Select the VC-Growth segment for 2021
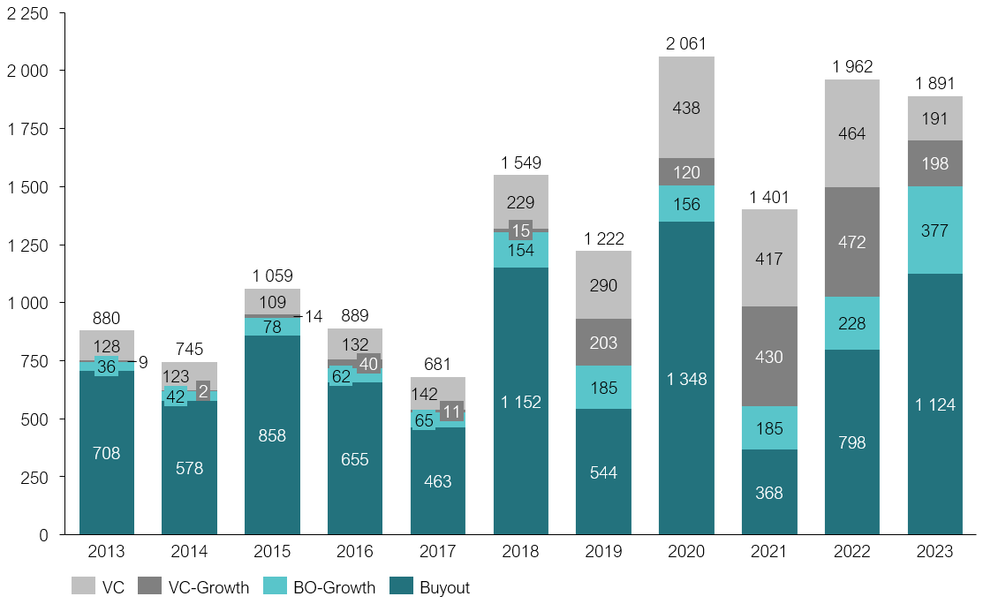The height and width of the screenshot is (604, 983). pos(769,356)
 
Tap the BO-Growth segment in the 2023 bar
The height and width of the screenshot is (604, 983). pos(935,230)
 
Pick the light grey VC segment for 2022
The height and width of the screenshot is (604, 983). pos(852,133)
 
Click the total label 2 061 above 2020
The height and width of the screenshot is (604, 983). pos(686,43)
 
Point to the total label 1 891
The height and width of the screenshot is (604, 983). pos(935,84)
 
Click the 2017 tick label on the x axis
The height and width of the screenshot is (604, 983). pos(437,552)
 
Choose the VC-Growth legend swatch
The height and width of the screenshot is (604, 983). pos(149,587)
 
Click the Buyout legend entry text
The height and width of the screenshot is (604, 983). pos(444,587)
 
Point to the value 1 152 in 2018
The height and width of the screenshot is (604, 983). pos(520,402)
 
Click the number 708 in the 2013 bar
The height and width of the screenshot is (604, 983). pos(106,453)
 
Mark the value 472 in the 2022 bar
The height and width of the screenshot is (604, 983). pos(852,241)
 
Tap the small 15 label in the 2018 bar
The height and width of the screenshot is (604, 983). pos(520,230)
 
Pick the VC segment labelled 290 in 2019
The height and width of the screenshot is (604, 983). pos(603,285)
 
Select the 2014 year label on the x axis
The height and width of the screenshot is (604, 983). pos(189,552)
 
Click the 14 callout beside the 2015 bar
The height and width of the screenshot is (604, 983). pos(314,316)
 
